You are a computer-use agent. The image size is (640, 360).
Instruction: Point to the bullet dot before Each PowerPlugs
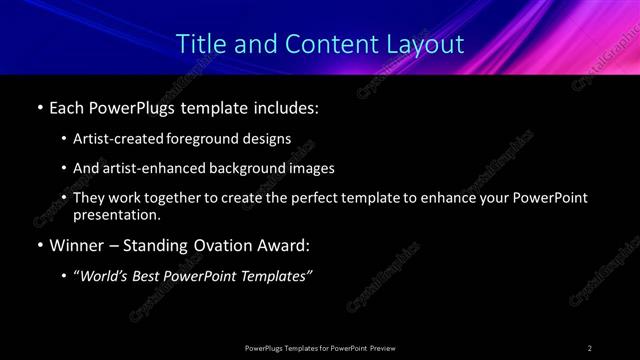click(39, 106)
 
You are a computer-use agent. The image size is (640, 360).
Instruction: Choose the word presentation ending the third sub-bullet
click(115, 214)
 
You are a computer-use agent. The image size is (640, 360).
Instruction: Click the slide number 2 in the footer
click(590, 347)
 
